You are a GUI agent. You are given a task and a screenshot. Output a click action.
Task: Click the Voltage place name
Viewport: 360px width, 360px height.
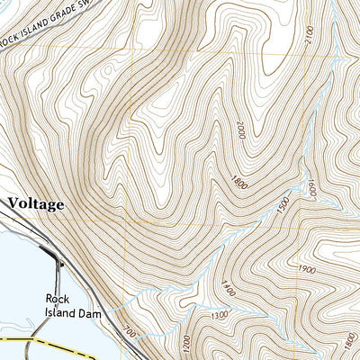(37, 204)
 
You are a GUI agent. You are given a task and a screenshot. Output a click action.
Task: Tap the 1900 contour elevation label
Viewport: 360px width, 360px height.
(305, 270)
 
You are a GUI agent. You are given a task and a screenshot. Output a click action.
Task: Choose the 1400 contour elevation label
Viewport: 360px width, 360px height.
(224, 289)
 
